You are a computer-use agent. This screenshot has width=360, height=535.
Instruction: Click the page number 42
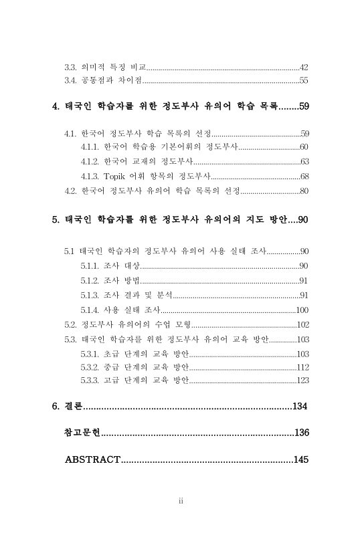pyautogui.click(x=304, y=68)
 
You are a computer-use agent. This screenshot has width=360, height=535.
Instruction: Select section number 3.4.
pyautogui.click(x=70, y=81)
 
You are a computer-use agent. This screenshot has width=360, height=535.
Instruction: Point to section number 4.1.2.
pyautogui.click(x=90, y=162)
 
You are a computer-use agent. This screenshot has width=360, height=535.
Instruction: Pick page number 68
pyautogui.click(x=304, y=177)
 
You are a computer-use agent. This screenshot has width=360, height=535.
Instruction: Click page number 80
pyautogui.click(x=304, y=191)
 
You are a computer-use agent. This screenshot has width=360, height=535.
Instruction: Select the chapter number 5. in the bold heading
pyautogui.click(x=56, y=219)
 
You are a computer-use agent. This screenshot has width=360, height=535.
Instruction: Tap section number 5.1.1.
pyautogui.click(x=90, y=266)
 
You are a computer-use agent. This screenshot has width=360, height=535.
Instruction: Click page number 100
pyautogui.click(x=302, y=310)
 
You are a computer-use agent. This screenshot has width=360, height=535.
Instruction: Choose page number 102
pyautogui.click(x=302, y=325)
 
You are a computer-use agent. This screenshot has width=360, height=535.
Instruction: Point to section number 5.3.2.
pyautogui.click(x=90, y=367)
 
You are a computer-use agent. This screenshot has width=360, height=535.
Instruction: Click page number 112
pyautogui.click(x=302, y=367)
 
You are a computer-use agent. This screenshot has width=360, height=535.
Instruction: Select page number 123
pyautogui.click(x=302, y=381)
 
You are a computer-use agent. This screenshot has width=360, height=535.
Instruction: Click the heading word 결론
pyautogui.click(x=73, y=407)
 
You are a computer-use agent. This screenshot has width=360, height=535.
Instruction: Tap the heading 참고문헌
pyautogui.click(x=82, y=433)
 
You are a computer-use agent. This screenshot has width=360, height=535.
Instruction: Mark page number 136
pyautogui.click(x=301, y=433)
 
